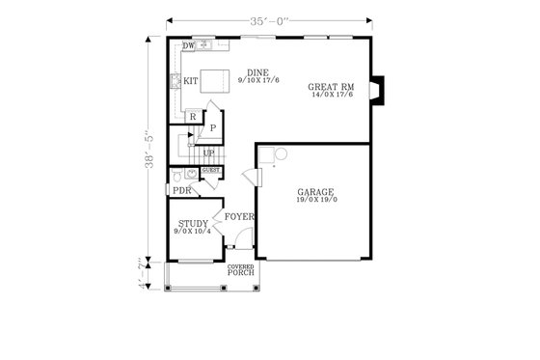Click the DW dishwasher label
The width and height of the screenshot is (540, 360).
point(189,45)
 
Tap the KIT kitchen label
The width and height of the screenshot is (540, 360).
point(191,82)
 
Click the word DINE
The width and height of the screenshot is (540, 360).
point(256,72)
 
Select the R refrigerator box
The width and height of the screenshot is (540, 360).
point(193,117)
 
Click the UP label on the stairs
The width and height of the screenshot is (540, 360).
point(208,153)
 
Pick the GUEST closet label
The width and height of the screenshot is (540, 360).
point(210,171)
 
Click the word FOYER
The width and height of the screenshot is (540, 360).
point(239,217)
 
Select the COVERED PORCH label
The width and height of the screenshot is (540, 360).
point(241,270)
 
